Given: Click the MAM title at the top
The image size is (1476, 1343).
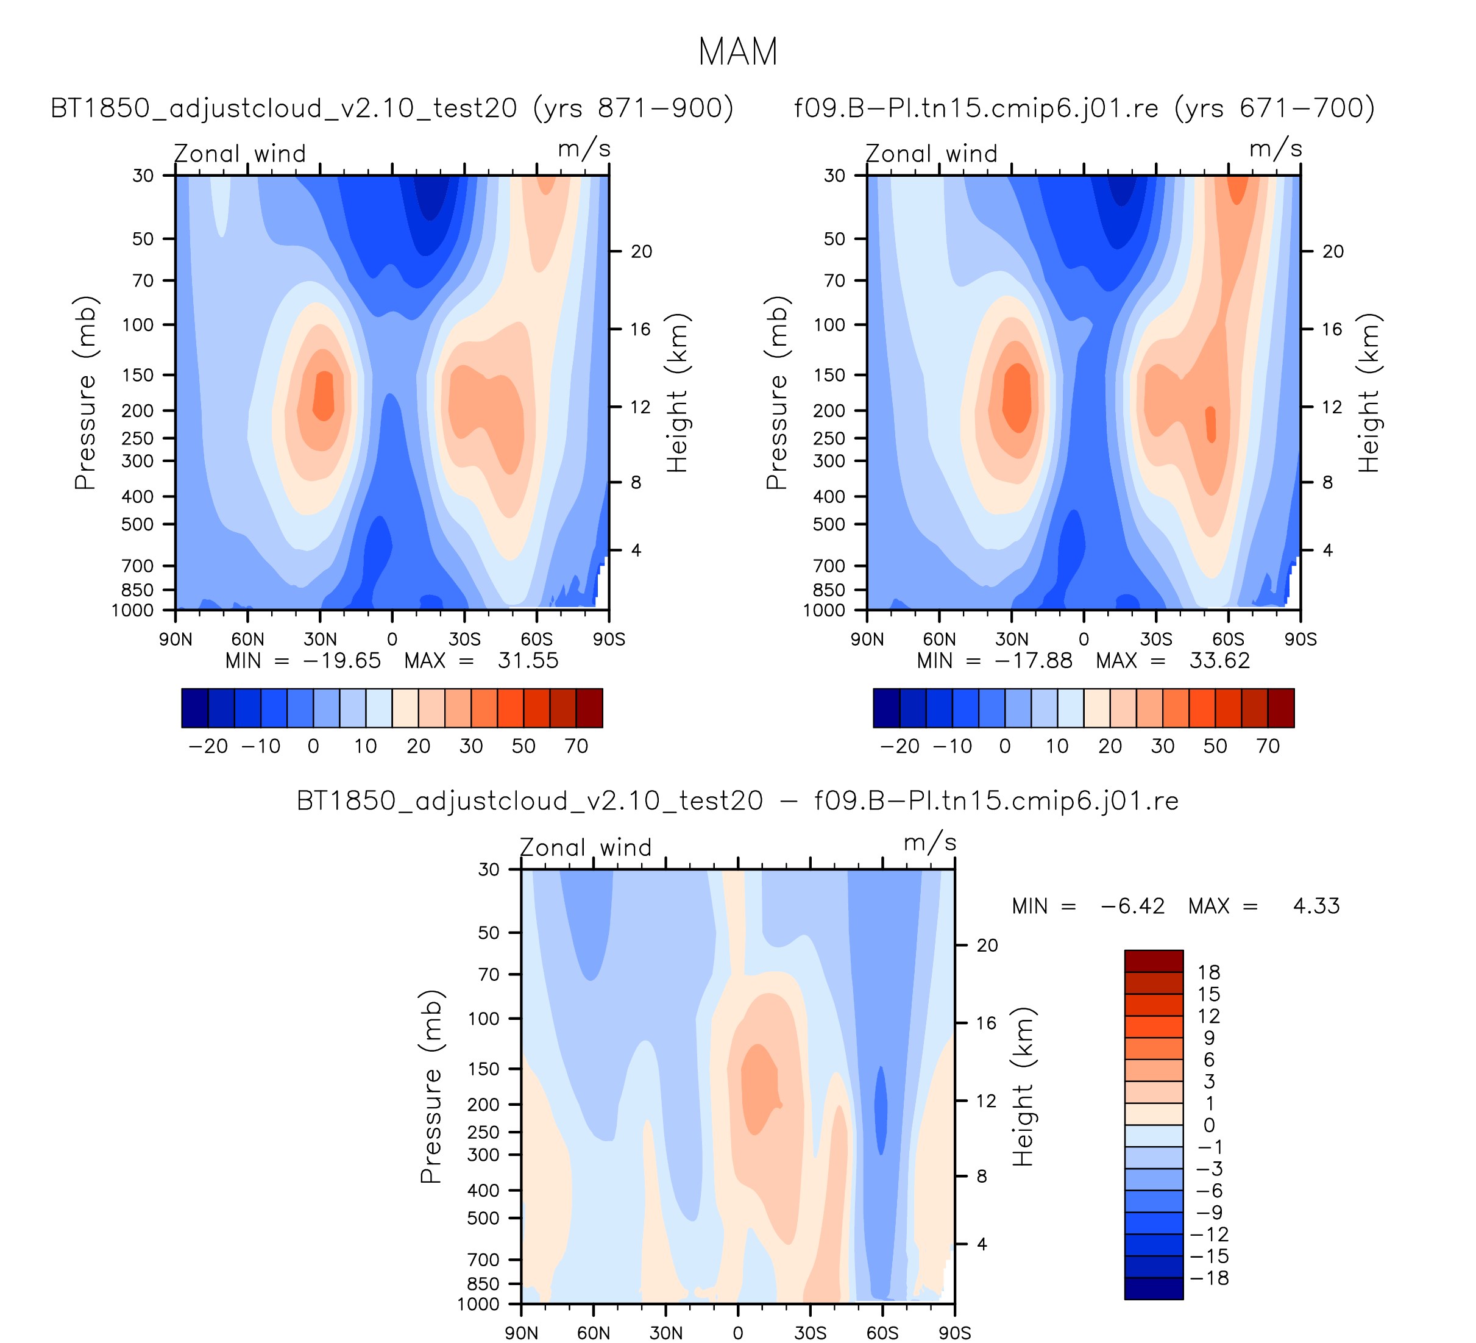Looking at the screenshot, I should point(737,52).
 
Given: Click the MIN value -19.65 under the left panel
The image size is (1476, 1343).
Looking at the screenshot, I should point(341,661).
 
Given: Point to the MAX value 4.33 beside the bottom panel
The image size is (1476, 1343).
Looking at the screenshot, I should point(1316,907).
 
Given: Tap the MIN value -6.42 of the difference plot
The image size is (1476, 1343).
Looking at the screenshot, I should point(1132,907).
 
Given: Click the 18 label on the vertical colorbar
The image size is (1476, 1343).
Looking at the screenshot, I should point(1208,972).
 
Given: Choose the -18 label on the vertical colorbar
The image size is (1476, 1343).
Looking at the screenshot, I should point(1208,1278).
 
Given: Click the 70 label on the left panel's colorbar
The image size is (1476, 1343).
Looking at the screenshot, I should point(576,746).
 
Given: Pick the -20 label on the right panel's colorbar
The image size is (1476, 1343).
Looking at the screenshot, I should point(899,746).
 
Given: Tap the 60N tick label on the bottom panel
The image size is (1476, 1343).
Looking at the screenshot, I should point(593,1332).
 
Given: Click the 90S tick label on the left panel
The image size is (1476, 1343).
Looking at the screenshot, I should point(608,639).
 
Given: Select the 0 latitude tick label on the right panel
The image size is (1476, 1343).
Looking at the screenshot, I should point(1084,639).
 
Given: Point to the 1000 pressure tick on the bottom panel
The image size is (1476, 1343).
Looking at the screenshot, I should point(478,1303).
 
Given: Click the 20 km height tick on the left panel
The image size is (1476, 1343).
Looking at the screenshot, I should point(641,251).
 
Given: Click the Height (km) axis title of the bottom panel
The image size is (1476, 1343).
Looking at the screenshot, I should point(1022,1087).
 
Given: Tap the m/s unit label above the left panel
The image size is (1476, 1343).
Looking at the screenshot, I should point(584,149).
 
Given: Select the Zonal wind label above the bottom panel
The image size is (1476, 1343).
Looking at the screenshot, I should point(585,847).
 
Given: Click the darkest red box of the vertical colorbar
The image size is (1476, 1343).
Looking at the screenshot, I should point(1153,961).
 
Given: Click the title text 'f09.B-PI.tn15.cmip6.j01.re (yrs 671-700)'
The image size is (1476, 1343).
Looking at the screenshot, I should point(1084,109).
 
